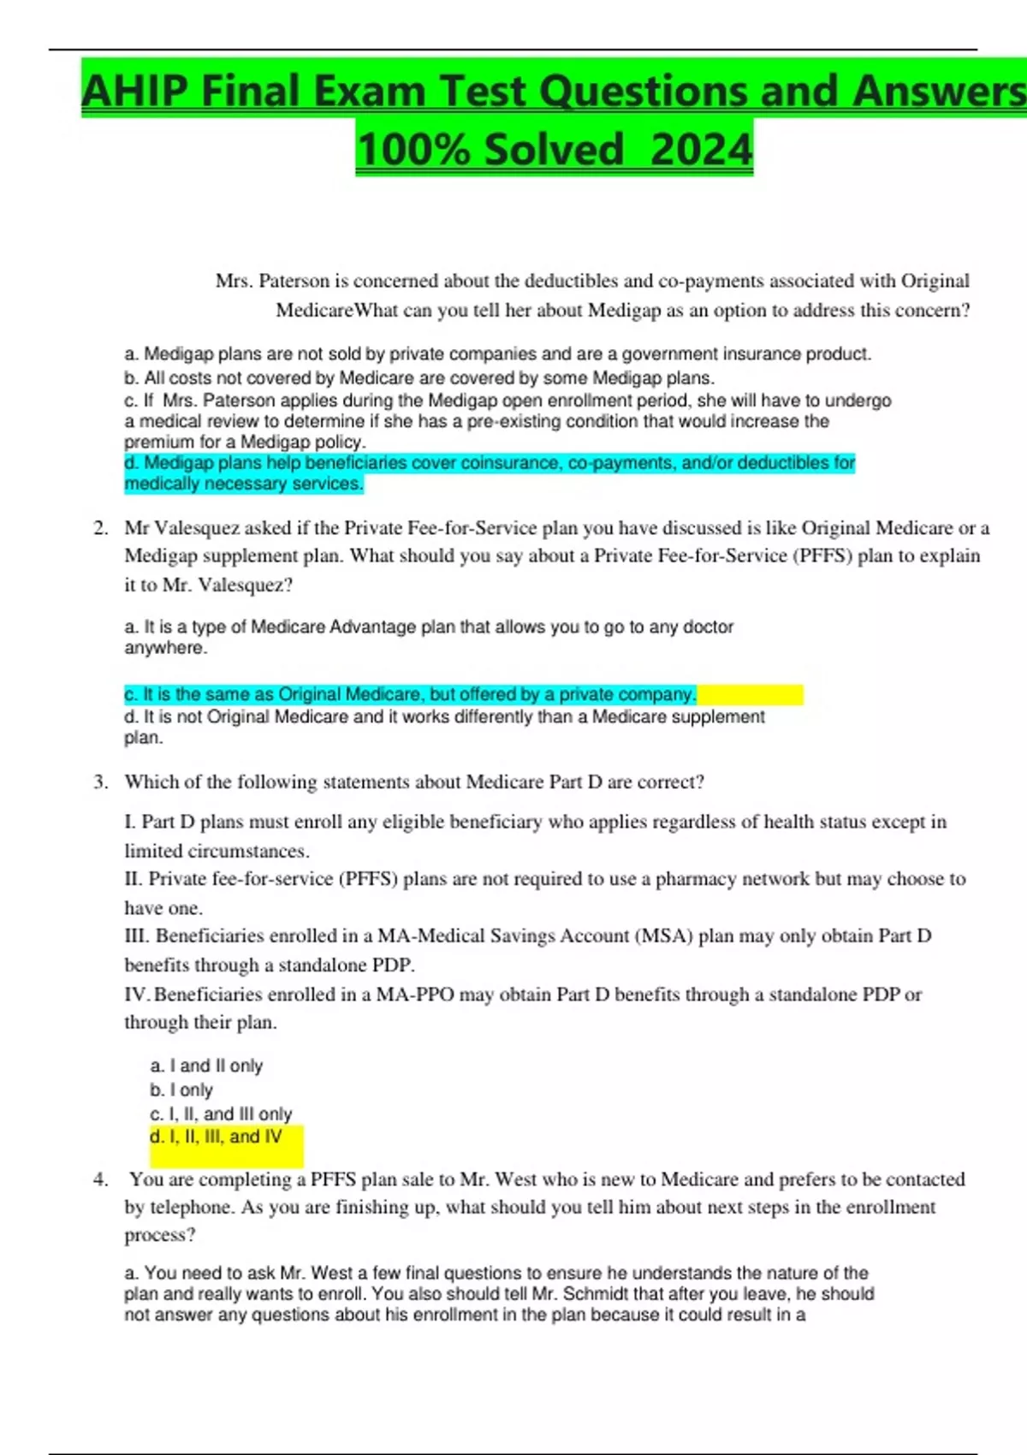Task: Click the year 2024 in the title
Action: (x=701, y=149)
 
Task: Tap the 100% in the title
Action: (x=413, y=149)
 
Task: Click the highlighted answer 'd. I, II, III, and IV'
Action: (x=216, y=1137)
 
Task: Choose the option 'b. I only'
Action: (x=181, y=1090)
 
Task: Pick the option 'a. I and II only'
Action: (x=206, y=1066)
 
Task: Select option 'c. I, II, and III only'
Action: (x=221, y=1114)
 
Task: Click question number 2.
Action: (x=101, y=528)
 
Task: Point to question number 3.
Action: (x=101, y=781)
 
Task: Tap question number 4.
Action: (x=101, y=1179)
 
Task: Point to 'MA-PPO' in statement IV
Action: (x=415, y=994)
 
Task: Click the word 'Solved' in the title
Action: (x=554, y=149)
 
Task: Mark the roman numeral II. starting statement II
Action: (x=134, y=879)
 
